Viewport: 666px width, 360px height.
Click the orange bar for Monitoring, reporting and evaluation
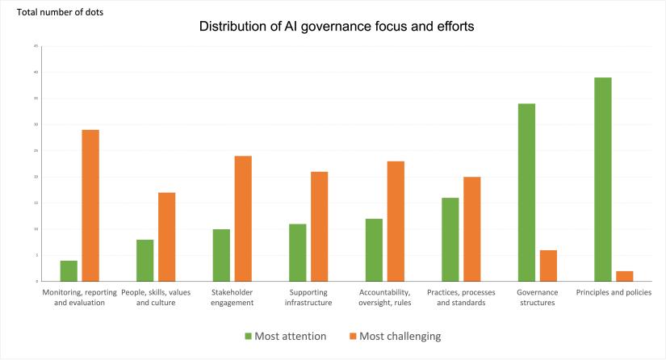point(90,205)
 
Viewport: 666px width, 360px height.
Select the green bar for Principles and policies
point(603,179)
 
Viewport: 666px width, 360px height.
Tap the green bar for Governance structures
point(526,192)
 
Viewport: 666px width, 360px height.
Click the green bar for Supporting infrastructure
point(297,252)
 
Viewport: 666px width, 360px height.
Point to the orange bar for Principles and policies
point(624,276)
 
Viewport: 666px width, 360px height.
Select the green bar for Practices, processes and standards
point(450,239)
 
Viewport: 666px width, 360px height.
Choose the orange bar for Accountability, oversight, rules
point(396,221)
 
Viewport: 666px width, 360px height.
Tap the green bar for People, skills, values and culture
point(145,260)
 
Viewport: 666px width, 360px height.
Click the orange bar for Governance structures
point(548,266)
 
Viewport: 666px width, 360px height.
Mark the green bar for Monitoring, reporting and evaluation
point(69,270)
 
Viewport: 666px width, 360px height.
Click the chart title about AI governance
point(337,27)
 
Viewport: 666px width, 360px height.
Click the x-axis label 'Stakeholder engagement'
point(232,297)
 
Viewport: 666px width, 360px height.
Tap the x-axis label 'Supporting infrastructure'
point(308,297)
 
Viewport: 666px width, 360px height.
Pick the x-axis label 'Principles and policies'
point(614,292)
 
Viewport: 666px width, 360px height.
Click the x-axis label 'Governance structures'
point(538,297)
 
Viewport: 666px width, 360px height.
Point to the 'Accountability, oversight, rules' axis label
point(384,297)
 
